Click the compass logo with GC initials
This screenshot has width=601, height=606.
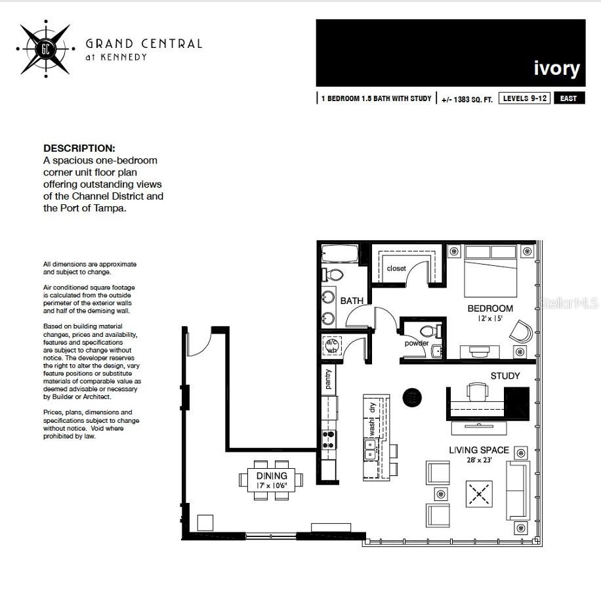coord(46,49)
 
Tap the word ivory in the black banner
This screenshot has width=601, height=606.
coord(556,68)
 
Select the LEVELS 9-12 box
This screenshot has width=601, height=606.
coord(524,98)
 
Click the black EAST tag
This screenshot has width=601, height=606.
coord(569,98)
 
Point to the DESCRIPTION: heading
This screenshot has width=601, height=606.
coord(79,148)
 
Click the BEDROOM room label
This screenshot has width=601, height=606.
coord(490,309)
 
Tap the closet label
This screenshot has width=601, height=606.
coord(396,269)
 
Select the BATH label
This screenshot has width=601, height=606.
coord(352,301)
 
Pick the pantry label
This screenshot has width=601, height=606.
coord(328,379)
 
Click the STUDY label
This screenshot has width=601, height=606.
coord(505,376)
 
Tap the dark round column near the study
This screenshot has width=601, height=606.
coord(412,397)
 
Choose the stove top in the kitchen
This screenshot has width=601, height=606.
coord(329,440)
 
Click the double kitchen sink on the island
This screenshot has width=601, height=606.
coord(371,450)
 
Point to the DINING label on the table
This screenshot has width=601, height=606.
coord(272,475)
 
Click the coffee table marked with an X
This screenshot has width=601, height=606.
coord(479,494)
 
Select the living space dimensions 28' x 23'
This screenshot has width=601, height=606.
coord(479,460)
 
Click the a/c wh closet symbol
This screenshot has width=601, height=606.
coord(332,346)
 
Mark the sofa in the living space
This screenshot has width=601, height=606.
coord(518,491)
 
